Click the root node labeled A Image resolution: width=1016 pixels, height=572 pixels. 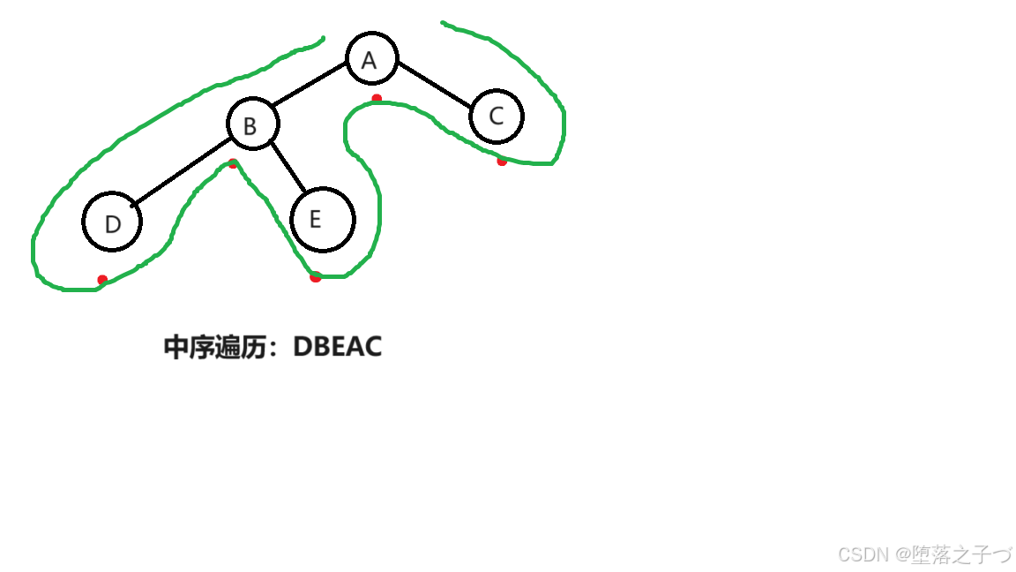370,59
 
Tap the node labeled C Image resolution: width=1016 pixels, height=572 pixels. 496,116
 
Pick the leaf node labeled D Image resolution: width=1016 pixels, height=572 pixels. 112,222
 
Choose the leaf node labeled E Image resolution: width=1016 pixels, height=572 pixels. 322,219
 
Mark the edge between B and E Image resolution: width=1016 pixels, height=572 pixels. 288,167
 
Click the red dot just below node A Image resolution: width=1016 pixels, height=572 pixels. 377,98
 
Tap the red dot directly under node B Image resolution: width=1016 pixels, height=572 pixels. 233,163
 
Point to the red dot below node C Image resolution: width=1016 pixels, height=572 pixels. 502,161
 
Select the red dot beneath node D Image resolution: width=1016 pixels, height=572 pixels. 102,280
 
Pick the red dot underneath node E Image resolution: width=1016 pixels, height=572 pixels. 316,277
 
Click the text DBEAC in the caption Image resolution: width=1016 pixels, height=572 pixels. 338,347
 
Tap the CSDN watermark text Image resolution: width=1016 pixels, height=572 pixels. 862,554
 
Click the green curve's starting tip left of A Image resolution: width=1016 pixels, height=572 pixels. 323,38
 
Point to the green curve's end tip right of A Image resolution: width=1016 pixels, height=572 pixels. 443,23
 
